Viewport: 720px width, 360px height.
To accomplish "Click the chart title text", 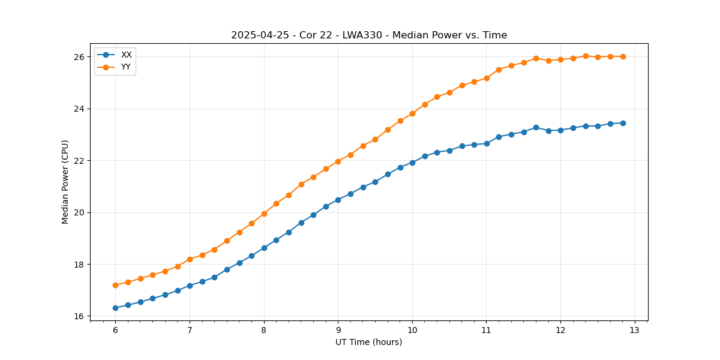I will coord(369,35).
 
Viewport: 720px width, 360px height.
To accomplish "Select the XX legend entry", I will coord(126,55).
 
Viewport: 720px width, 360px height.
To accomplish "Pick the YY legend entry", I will coord(126,67).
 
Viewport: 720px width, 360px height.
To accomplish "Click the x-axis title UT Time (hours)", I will coord(368,342).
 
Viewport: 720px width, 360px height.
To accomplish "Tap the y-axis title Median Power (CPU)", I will coord(65,182).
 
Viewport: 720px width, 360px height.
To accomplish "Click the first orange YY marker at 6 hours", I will coord(115,285).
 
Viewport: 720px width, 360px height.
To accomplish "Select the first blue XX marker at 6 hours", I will coord(115,308).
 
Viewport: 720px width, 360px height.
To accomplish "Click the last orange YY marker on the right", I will coord(623,56).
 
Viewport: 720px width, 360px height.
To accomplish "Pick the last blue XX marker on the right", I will coord(623,123).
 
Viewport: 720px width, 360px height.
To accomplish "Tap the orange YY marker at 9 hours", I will coord(338,161).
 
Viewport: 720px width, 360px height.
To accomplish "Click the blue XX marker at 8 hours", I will coord(264,248).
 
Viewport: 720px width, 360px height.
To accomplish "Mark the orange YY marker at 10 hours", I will coord(412,113).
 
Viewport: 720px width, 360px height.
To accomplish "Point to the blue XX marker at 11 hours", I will coord(487,143).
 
